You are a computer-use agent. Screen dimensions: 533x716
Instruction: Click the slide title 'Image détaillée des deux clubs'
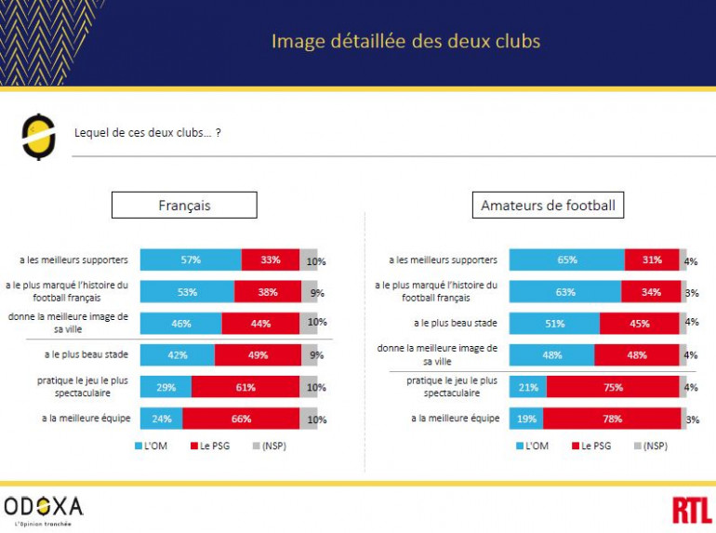[405, 42]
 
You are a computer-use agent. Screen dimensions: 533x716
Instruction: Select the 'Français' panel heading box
[184, 205]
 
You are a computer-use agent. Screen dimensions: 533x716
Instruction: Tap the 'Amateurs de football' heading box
[548, 205]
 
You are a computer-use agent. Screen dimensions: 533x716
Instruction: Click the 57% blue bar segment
[191, 260]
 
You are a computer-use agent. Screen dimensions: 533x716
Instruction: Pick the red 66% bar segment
[241, 419]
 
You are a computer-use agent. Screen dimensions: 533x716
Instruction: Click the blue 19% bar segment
[526, 419]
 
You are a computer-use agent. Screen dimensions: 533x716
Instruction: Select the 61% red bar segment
[245, 387]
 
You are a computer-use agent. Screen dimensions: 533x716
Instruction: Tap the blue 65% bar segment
[567, 260]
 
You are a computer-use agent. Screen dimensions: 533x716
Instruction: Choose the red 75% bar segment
[613, 387]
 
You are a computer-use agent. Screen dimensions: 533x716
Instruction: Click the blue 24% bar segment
[162, 419]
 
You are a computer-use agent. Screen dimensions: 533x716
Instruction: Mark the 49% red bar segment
[258, 354]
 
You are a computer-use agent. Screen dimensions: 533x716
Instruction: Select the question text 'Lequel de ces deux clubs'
[147, 133]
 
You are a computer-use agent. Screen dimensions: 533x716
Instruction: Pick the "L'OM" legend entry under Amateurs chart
[533, 446]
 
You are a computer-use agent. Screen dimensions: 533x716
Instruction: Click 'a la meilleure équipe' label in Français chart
[86, 419]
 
